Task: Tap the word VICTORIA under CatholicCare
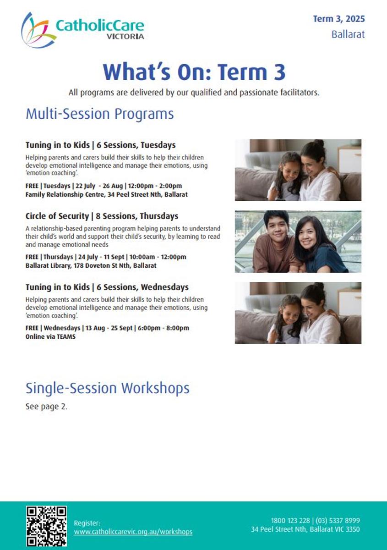point(125,37)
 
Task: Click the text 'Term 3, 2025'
point(339,19)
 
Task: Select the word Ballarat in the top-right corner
point(348,34)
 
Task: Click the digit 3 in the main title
point(279,72)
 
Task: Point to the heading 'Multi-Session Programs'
point(100,114)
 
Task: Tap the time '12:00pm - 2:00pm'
point(155,186)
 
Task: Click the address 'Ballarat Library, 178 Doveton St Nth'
point(78,265)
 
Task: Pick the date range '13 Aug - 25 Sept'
point(109,328)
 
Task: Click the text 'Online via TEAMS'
point(50,336)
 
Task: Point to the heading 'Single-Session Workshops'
point(108,389)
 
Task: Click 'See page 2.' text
point(46,407)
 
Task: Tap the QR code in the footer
point(46,526)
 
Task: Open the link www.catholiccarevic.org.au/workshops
point(133,532)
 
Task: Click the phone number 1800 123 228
point(290,521)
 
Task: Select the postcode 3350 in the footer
point(353,529)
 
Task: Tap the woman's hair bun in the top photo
point(320,143)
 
